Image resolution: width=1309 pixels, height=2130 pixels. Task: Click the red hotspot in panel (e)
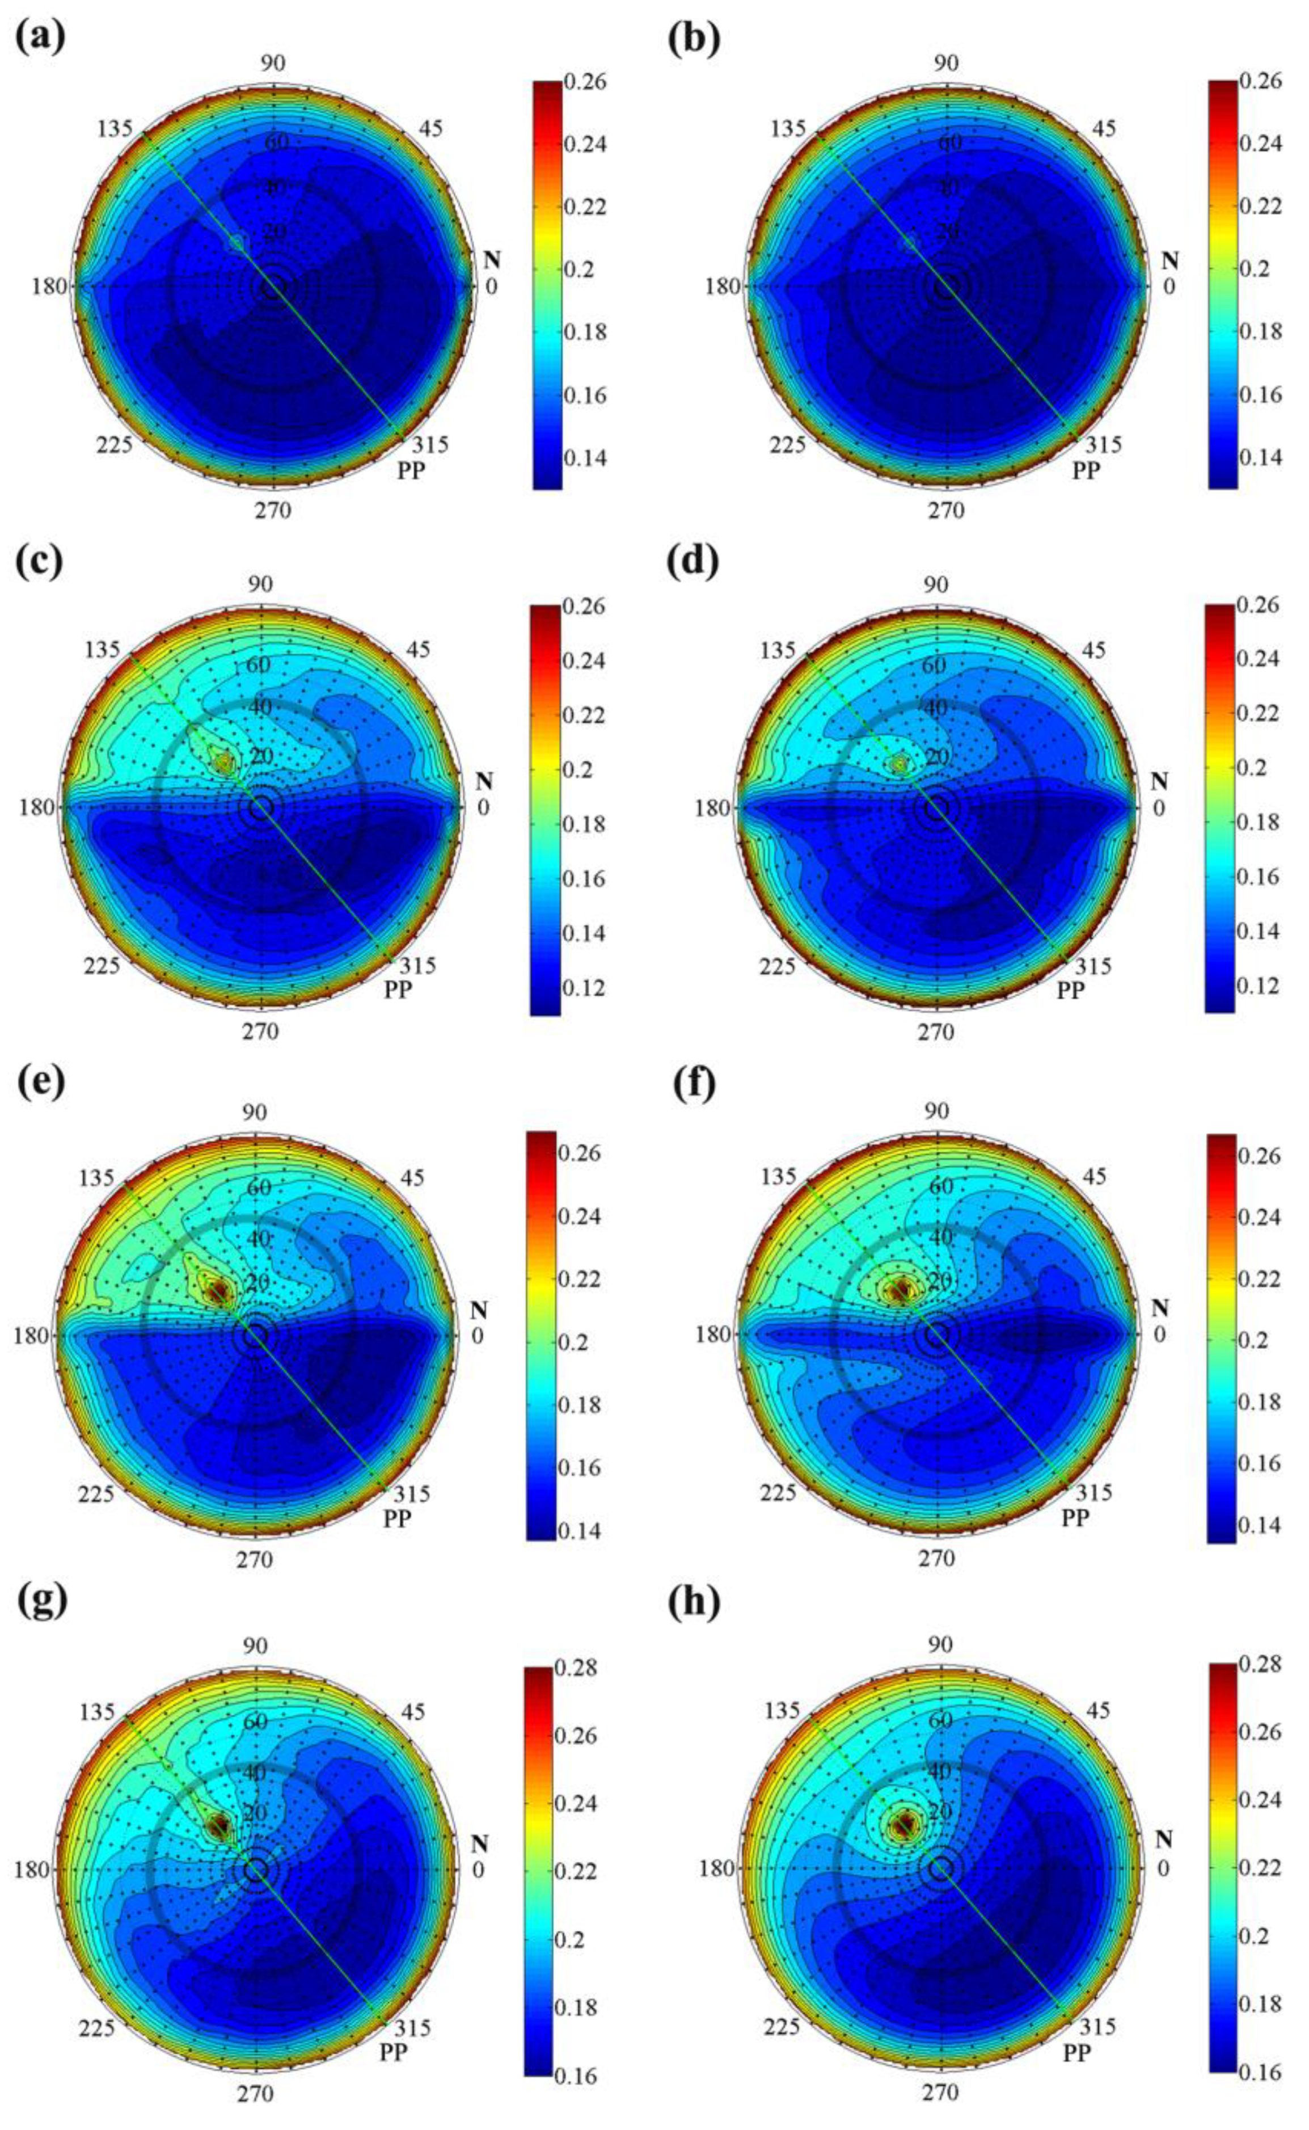217,1292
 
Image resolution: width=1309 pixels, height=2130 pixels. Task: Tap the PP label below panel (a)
411,470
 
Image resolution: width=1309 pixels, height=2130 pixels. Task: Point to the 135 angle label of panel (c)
102,650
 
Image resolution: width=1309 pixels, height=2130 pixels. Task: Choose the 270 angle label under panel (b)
946,510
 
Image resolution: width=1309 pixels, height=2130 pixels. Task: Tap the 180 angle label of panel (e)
31,1336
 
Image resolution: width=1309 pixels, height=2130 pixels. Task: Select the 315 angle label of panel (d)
1092,966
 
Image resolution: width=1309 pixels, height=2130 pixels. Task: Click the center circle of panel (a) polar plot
273,287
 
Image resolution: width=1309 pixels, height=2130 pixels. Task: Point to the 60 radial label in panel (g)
255,1720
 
